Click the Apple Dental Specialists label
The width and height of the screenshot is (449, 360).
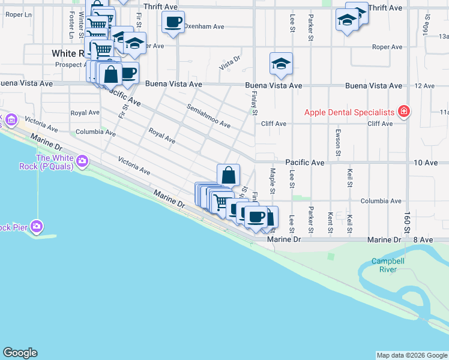click(349, 112)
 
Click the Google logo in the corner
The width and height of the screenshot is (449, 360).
click(20, 353)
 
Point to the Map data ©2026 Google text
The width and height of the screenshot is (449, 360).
click(411, 355)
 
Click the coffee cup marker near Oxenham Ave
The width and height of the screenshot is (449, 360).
click(173, 23)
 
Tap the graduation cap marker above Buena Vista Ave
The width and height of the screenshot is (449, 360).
click(281, 64)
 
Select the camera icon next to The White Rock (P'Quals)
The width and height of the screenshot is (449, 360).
click(82, 161)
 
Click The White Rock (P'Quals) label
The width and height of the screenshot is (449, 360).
click(55, 162)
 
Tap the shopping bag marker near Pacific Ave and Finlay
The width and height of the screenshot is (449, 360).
click(229, 176)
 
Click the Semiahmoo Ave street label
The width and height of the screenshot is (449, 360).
click(208, 116)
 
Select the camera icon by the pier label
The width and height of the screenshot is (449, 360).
click(37, 226)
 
